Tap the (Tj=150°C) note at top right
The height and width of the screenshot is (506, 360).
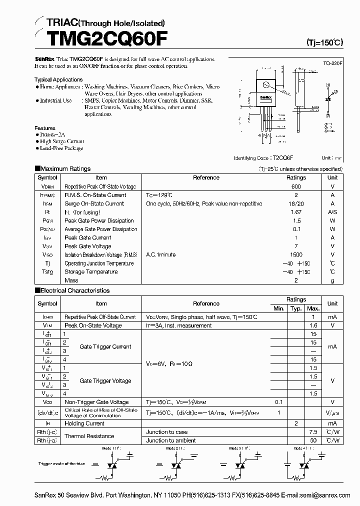tap(324, 43)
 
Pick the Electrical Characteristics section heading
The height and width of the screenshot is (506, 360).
tap(74, 290)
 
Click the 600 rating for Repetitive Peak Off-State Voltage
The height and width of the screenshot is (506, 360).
tap(296, 186)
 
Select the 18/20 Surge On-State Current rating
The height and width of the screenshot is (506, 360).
tap(296, 203)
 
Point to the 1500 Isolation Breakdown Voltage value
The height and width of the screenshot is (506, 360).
tap(296, 254)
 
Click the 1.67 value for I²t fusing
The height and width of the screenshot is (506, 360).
tap(296, 212)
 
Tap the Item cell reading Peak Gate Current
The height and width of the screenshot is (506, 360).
tap(88, 237)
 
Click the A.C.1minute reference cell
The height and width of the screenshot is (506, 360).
tap(161, 254)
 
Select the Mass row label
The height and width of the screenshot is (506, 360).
tap(71, 280)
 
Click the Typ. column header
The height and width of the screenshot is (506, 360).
tap(296, 308)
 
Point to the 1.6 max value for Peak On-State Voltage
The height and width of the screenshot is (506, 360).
tap(313, 325)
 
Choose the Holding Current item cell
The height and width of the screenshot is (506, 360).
tap(84, 423)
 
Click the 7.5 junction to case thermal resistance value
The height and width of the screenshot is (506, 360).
tap(313, 432)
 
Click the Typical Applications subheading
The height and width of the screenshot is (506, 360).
tap(58, 79)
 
